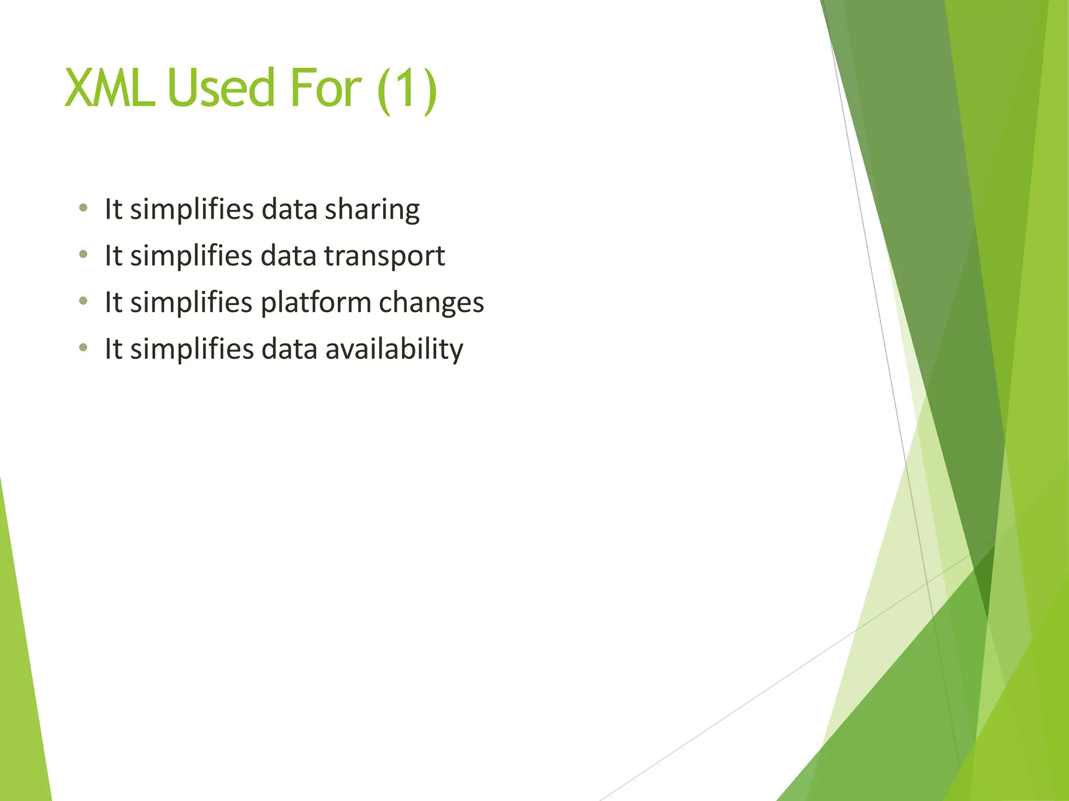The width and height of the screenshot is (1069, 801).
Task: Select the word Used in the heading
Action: tap(221, 89)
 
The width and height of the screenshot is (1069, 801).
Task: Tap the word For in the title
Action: tap(325, 89)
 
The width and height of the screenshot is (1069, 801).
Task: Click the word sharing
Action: tap(372, 210)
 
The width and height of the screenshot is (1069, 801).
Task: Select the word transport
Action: tap(384, 256)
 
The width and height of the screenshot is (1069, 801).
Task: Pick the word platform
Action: tap(315, 303)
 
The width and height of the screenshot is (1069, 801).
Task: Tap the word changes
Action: tap(431, 303)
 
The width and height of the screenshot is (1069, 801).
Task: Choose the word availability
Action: tap(394, 349)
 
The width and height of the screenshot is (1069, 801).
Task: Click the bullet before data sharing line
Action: tap(83, 208)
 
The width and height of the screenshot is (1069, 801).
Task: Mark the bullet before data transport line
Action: tap(83, 254)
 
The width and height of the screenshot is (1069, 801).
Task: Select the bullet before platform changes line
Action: tap(83, 301)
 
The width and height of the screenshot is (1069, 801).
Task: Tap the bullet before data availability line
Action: tap(83, 347)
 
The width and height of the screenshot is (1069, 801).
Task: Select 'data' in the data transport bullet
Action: tap(288, 256)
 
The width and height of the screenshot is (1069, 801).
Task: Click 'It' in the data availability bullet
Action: tap(113, 349)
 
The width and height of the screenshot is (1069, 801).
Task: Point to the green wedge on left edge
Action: tap(21, 678)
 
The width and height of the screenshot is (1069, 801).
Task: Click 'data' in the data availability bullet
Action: tap(289, 349)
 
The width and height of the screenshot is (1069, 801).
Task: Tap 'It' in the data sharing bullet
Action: tap(113, 209)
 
